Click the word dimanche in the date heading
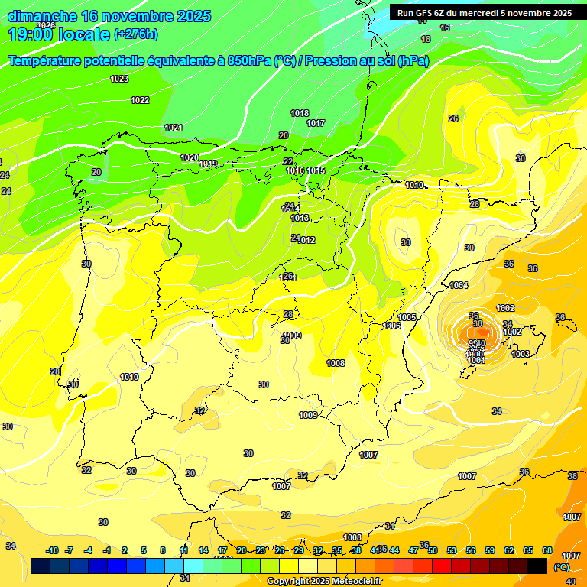click(42, 16)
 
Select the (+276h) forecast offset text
click(136, 34)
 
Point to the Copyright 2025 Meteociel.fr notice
click(324, 581)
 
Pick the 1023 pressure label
click(119, 79)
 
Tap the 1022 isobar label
click(140, 100)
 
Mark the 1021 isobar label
click(174, 128)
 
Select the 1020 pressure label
click(190, 157)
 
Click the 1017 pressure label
click(316, 123)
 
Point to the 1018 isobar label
click(300, 113)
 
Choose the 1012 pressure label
click(307, 240)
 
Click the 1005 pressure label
click(407, 317)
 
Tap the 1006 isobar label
click(391, 326)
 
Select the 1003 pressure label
click(521, 354)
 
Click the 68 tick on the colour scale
click(547, 550)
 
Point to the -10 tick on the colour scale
click(52, 550)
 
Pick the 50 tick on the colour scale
click(433, 550)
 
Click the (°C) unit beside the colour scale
click(561, 566)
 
